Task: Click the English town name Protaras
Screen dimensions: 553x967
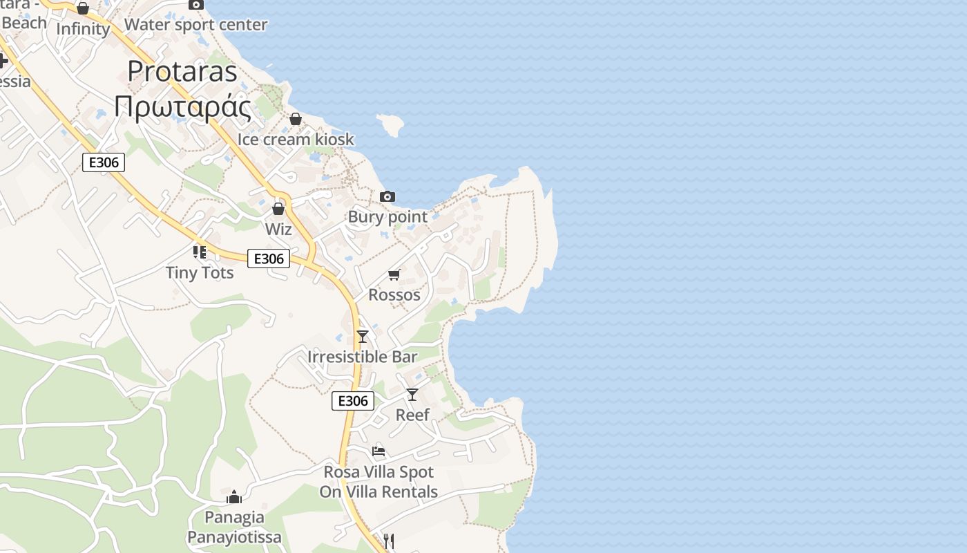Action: click(x=182, y=71)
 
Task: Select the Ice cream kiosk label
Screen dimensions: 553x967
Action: click(x=296, y=139)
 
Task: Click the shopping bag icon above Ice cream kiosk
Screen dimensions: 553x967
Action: click(x=296, y=119)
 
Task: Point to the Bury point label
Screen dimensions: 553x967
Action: click(x=387, y=216)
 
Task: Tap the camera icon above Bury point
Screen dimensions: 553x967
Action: click(x=387, y=197)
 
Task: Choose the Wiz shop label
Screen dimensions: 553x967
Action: click(x=278, y=229)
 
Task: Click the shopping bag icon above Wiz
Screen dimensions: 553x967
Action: click(x=278, y=208)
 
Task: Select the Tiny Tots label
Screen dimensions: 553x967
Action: click(x=200, y=272)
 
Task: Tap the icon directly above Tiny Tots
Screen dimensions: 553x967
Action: click(x=200, y=252)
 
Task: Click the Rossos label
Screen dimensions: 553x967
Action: click(x=394, y=294)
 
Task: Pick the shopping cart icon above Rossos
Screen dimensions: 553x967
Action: click(x=394, y=275)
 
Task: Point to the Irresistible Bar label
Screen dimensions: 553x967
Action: click(x=363, y=357)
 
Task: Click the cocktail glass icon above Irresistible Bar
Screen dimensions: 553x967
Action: click(x=363, y=337)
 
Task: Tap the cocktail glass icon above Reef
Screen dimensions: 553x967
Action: click(x=412, y=395)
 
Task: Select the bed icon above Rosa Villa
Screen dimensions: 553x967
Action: click(x=379, y=451)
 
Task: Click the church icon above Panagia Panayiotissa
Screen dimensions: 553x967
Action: click(x=234, y=497)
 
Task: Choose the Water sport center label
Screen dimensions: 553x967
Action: click(x=195, y=25)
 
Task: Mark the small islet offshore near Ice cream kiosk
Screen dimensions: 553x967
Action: click(x=390, y=124)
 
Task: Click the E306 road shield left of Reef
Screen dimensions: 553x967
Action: click(x=353, y=401)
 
